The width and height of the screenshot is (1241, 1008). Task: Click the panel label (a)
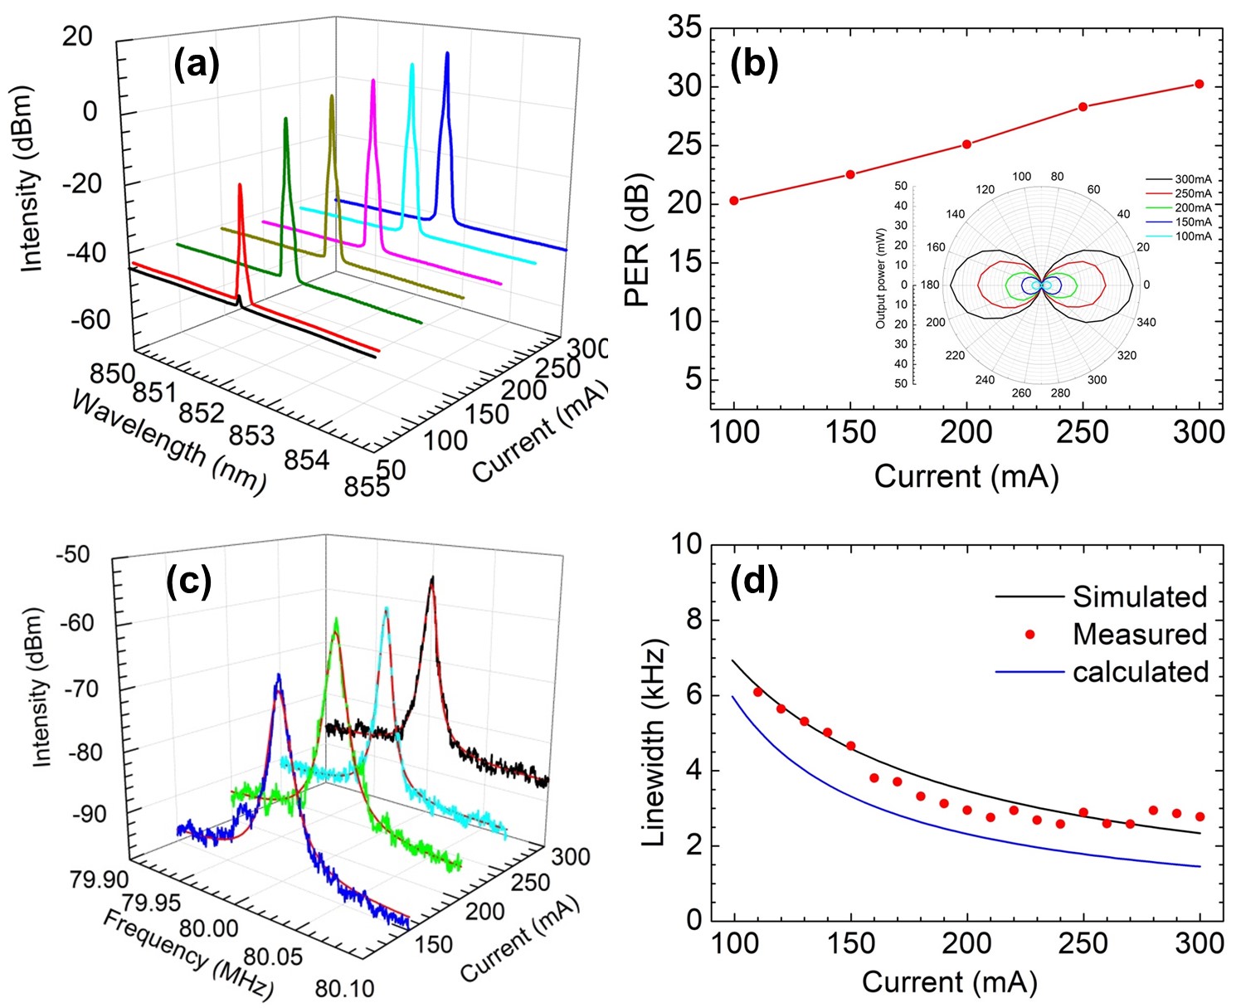pos(197,64)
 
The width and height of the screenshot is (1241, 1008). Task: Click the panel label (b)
pos(754,64)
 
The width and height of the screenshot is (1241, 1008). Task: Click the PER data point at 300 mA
pos(1199,84)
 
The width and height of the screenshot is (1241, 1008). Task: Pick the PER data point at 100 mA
pos(734,201)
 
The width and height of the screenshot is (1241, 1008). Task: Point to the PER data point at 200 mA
pos(966,144)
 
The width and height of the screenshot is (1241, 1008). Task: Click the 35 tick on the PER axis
pos(684,29)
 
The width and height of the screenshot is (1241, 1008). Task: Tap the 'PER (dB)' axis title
pos(637,241)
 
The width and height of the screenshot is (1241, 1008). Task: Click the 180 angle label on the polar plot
pos(930,285)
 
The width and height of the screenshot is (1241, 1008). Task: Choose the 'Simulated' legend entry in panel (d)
pos(1140,597)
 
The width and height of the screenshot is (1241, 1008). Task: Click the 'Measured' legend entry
pos(1140,635)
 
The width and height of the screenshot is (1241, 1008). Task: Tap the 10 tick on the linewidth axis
pos(684,545)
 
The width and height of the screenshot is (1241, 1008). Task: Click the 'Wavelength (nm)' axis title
pos(168,442)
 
